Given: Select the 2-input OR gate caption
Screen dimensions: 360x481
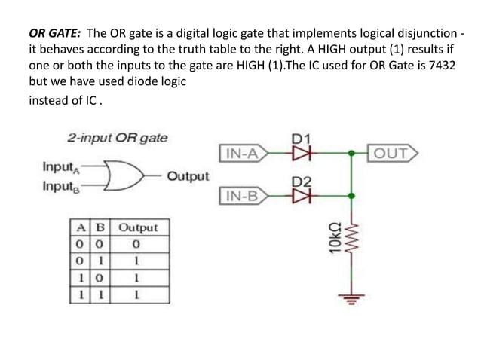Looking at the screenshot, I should [x=118, y=138].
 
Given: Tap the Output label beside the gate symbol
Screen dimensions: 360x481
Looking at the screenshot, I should [x=188, y=176].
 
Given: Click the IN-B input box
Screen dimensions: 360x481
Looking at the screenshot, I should [x=241, y=198].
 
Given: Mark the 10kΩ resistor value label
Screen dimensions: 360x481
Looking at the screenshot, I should [x=335, y=237].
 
